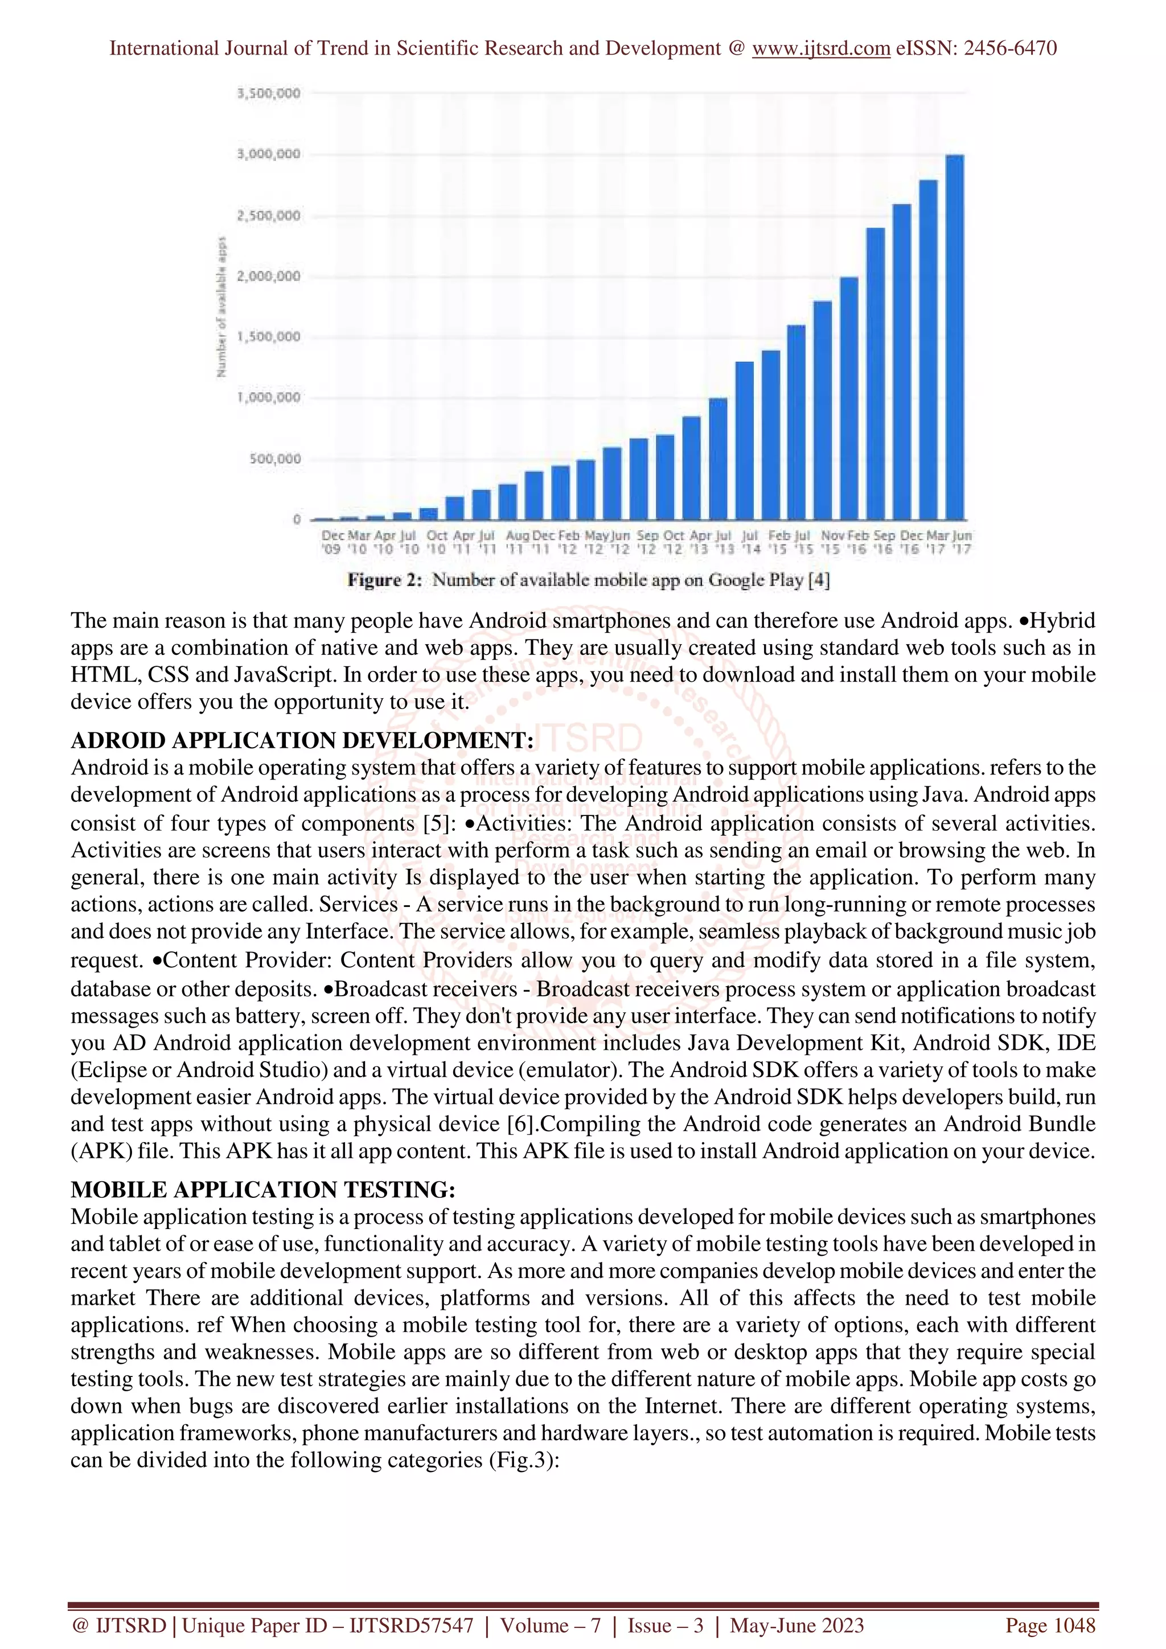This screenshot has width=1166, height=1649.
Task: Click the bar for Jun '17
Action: click(x=955, y=337)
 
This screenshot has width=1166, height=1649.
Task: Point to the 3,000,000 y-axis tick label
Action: click(x=269, y=154)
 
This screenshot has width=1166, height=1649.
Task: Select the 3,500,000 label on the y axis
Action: click(x=269, y=93)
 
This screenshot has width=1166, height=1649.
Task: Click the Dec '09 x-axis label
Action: click(x=332, y=542)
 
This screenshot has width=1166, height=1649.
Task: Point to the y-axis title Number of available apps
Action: click(x=222, y=307)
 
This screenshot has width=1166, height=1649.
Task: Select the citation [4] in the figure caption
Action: click(x=819, y=580)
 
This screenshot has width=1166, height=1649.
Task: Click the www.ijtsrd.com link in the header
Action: click(x=820, y=48)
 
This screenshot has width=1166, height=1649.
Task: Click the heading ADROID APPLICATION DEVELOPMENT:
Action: click(x=302, y=740)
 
